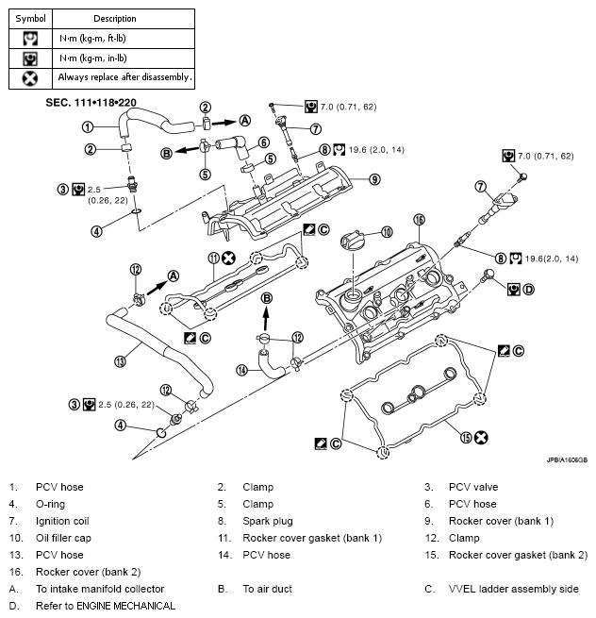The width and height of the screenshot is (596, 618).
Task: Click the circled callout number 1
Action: [x=87, y=126]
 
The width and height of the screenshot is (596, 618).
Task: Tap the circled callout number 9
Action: [x=374, y=178]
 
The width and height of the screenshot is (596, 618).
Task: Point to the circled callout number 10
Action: [x=386, y=231]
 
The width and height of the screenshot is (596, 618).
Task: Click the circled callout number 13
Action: [x=120, y=360]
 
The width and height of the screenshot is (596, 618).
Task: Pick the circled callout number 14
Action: [x=241, y=371]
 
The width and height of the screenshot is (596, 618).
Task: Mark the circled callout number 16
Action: [x=419, y=219]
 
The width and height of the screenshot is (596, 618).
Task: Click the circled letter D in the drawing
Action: [x=528, y=288]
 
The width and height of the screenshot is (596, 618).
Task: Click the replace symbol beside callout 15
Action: [x=481, y=437]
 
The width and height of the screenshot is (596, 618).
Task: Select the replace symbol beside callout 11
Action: [x=228, y=257]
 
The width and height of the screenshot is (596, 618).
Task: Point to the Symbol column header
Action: [x=30, y=18]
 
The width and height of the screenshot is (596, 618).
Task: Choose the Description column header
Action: [x=115, y=18]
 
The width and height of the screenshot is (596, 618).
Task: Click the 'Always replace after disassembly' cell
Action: [x=124, y=77]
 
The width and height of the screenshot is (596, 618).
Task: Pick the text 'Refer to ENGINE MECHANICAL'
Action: [x=106, y=607]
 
